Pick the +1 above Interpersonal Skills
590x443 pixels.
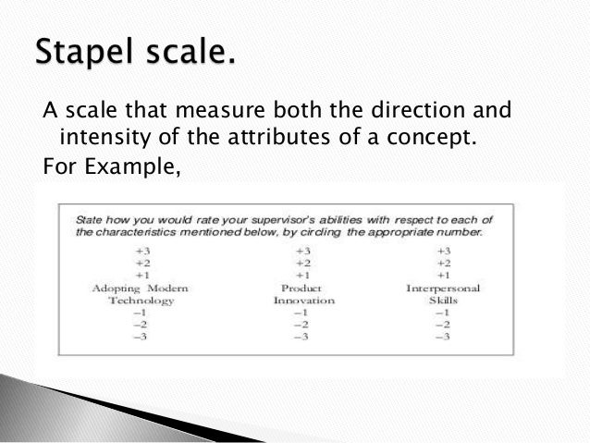444,275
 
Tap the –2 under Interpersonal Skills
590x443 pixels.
443,325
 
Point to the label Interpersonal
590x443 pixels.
443,288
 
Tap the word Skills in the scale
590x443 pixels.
443,301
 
